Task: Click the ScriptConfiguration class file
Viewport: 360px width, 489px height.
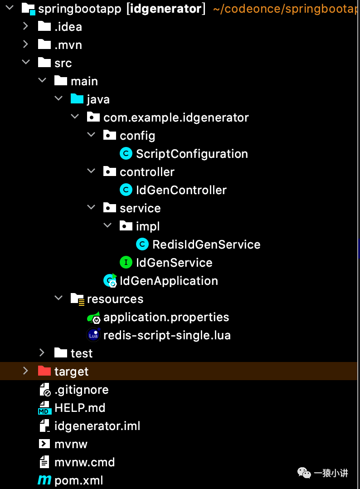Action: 192,154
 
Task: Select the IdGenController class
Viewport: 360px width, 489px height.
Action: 181,190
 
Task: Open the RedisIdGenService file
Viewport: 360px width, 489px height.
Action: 206,244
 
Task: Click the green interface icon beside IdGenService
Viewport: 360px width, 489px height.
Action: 126,262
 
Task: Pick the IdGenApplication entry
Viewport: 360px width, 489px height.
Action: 169,281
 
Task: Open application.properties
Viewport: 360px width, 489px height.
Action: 166,317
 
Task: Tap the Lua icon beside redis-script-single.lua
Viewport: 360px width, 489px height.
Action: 93,335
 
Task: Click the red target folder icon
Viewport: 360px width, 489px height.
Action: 44,371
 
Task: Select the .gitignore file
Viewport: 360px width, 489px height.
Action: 81,390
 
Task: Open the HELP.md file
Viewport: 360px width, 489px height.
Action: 80,408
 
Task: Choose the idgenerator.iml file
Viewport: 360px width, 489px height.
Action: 97,426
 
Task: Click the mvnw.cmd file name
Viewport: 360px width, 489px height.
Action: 84,462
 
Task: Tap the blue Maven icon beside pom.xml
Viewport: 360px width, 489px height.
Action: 44,480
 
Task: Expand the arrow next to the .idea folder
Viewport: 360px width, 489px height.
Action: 26,27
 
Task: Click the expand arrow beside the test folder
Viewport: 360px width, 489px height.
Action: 42,353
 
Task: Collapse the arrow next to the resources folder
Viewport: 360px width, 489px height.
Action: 58,298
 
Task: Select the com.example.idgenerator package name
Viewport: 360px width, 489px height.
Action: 176,117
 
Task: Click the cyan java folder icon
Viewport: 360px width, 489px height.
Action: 77,99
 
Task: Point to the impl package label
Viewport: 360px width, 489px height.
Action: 148,226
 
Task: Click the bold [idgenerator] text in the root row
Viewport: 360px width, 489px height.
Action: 165,8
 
